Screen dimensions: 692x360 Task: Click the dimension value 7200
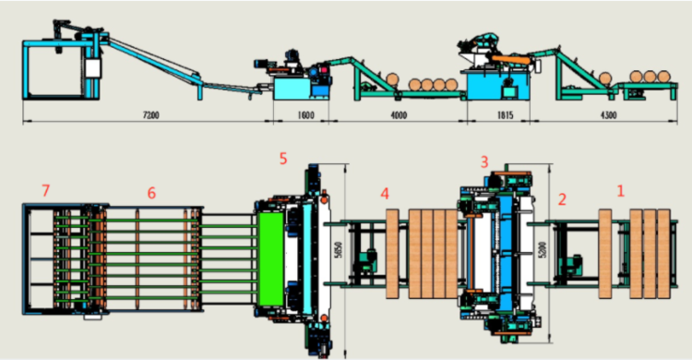click(x=150, y=115)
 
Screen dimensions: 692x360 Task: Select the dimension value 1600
click(x=305, y=115)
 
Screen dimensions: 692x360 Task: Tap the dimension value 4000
click(x=399, y=115)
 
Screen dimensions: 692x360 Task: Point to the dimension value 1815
click(x=505, y=115)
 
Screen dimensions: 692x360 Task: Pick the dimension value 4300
click(x=609, y=115)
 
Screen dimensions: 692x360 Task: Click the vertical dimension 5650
click(x=339, y=249)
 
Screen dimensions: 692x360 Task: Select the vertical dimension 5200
click(x=543, y=249)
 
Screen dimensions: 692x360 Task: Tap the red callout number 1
click(x=621, y=191)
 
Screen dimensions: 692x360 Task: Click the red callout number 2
click(x=562, y=199)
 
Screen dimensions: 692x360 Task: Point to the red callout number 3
click(x=484, y=162)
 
